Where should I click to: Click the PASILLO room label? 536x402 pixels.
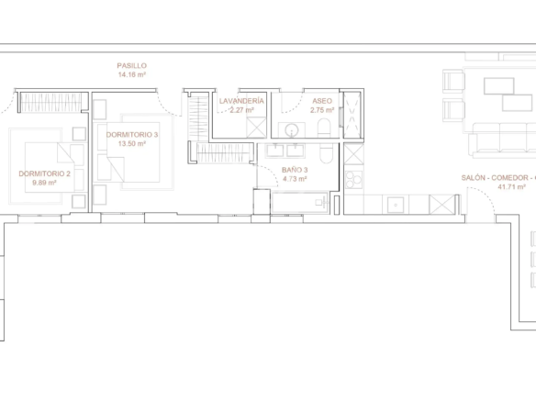pyautogui.click(x=131, y=65)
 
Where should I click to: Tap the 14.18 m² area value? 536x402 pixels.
pyautogui.click(x=132, y=74)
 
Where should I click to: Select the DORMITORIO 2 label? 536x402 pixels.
pyautogui.click(x=44, y=173)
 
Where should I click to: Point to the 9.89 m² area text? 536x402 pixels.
pyautogui.click(x=44, y=183)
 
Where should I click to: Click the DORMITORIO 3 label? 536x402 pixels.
pyautogui.click(x=132, y=135)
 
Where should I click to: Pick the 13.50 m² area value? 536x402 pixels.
pyautogui.click(x=132, y=143)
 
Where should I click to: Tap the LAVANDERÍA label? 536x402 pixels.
pyautogui.click(x=241, y=101)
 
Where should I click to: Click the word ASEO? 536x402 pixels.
pyautogui.click(x=322, y=101)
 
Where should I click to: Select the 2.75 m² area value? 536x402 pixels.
pyautogui.click(x=322, y=110)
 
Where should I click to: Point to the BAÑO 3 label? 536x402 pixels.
pyautogui.click(x=295, y=170)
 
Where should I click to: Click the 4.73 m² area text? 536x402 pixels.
pyautogui.click(x=295, y=179)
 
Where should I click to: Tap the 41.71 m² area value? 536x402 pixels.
pyautogui.click(x=512, y=186)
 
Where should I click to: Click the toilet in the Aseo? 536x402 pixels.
pyautogui.click(x=324, y=128)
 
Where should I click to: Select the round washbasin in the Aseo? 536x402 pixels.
pyautogui.click(x=292, y=130)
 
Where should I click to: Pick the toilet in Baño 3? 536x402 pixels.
pyautogui.click(x=327, y=153)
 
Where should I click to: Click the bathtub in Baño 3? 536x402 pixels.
pyautogui.click(x=300, y=203)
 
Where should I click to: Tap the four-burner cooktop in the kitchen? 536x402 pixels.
pyautogui.click(x=353, y=180)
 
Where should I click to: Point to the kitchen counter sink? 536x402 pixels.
pyautogui.click(x=396, y=205)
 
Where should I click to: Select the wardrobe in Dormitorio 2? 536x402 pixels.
pyautogui.click(x=50, y=103)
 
